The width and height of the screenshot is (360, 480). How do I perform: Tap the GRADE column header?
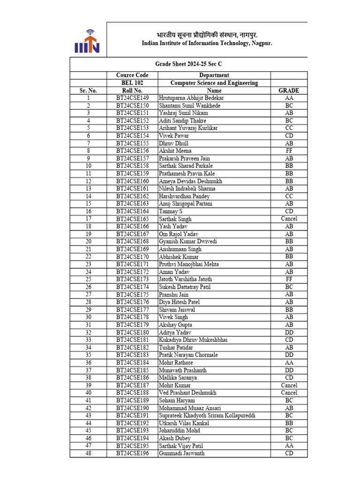tap(289, 90)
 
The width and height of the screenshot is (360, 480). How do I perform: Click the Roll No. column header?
tap(132, 90)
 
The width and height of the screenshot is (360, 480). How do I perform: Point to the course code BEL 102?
tap(132, 83)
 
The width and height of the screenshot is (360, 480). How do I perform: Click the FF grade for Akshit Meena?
tap(289, 151)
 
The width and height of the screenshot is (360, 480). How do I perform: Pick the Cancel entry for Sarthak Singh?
tap(289, 219)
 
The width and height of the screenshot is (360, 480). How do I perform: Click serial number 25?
tap(88, 279)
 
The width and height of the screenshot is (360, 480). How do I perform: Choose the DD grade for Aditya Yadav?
tap(289, 332)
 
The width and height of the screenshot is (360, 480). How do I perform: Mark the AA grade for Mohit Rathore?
tap(289, 363)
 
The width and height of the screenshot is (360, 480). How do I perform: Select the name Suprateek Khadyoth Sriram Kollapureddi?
tap(207, 416)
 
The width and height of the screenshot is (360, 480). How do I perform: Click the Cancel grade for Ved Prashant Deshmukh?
tap(289, 393)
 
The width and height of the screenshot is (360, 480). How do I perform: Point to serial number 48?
tap(88, 453)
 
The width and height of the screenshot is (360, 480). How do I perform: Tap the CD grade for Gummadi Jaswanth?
tap(289, 453)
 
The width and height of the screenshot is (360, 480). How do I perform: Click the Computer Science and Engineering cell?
tap(214, 83)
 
